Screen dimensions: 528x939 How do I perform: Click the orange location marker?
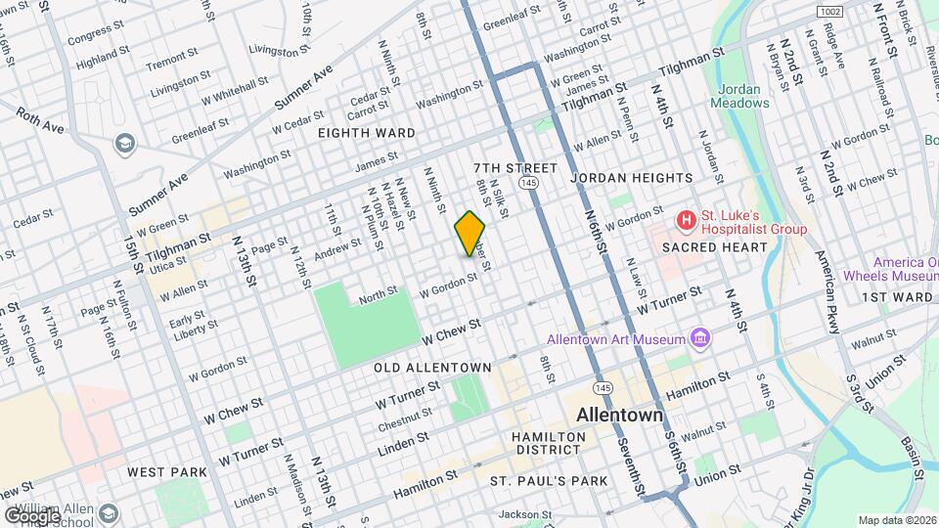point(470,233)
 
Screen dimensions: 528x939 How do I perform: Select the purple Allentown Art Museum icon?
point(699,338)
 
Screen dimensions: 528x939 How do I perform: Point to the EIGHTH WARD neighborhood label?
point(367,132)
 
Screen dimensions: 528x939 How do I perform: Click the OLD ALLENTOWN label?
point(432,367)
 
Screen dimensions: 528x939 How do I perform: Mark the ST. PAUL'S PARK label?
point(549,480)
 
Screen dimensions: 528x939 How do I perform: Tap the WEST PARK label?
point(167,471)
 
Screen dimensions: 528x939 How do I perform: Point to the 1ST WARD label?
point(897,296)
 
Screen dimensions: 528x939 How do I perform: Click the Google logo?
point(31,514)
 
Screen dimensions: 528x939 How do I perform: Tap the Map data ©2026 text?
point(896,520)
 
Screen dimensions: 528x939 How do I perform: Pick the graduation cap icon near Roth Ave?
point(124,145)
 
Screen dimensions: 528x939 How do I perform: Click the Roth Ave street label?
point(40,121)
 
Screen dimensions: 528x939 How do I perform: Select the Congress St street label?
point(91,35)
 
